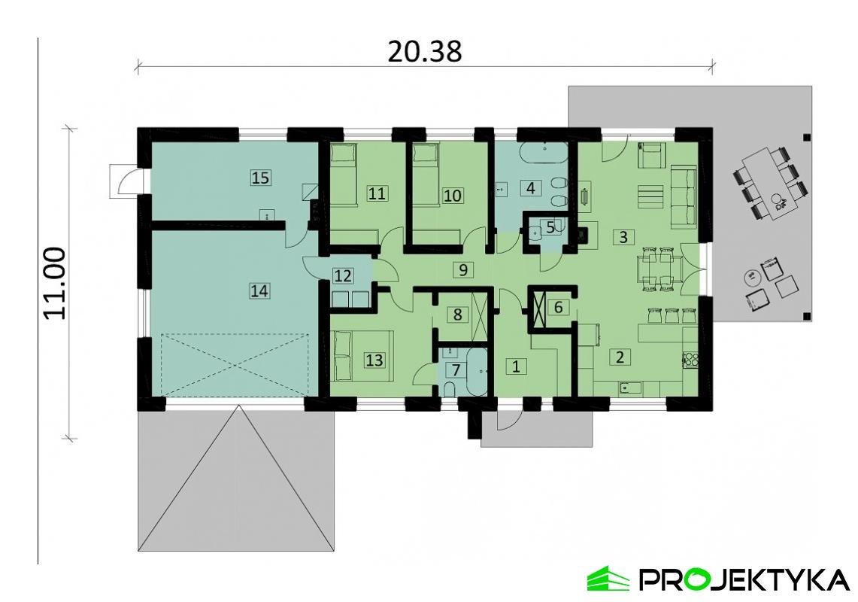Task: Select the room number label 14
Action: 259,290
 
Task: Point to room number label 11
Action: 377,193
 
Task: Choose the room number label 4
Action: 531,187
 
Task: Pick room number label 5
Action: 550,227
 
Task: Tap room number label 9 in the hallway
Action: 463,269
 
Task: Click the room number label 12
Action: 343,275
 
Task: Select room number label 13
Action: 374,360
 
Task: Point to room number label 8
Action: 456,315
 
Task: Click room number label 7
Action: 456,369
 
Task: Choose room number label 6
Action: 557,307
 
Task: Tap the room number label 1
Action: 516,366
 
